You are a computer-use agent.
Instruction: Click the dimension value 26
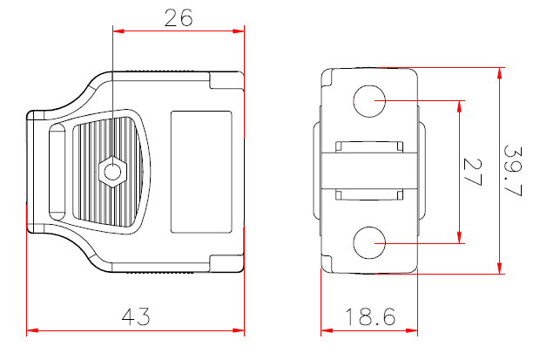[179, 18]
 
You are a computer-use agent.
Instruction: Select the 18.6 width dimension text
[370, 317]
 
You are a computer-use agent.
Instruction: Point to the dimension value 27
[473, 172]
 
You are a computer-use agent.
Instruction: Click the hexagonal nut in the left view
[111, 172]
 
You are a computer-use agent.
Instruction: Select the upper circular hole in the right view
[369, 101]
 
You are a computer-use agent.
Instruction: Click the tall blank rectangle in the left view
[201, 172]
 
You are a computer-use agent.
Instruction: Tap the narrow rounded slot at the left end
[57, 172]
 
